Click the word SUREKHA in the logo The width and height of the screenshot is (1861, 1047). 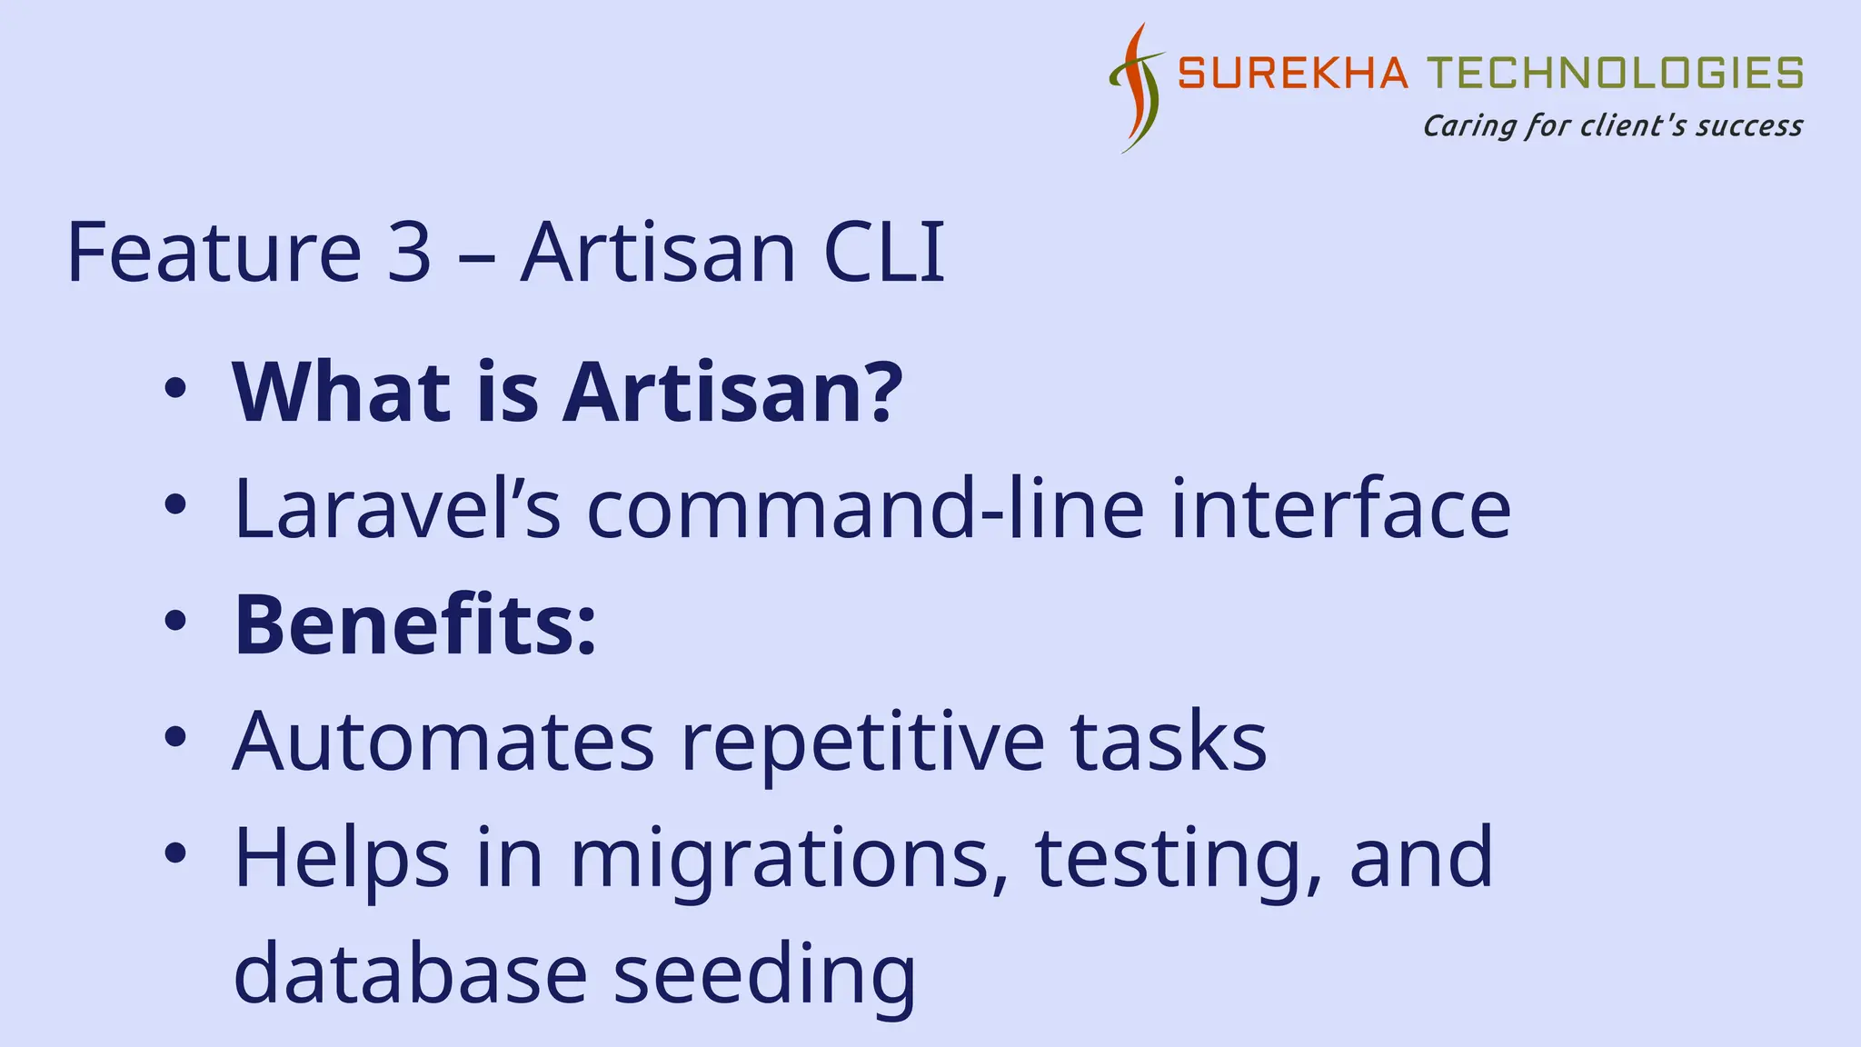pyautogui.click(x=1292, y=74)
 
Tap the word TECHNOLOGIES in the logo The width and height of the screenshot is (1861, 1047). pyautogui.click(x=1614, y=74)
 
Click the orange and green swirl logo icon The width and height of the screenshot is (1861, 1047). pyautogui.click(x=1136, y=88)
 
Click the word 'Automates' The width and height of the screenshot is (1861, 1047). pyautogui.click(x=443, y=742)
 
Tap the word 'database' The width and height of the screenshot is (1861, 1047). pyautogui.click(x=411, y=974)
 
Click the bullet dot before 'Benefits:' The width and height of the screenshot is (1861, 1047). pyautogui.click(x=174, y=622)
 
